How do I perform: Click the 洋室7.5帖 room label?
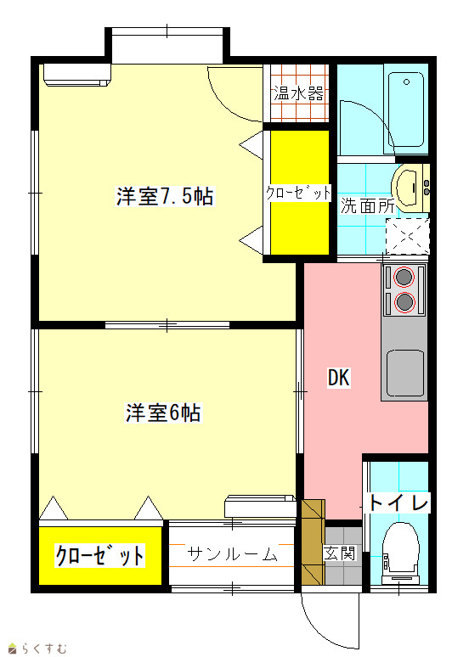(165, 196)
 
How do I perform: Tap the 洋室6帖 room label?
(163, 413)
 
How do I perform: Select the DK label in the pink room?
(338, 378)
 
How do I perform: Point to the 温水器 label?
(299, 94)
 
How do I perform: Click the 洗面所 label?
(367, 205)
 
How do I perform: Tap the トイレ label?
(398, 503)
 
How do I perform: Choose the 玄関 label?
(339, 553)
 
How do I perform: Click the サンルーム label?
(232, 554)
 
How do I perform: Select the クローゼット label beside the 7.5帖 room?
(298, 193)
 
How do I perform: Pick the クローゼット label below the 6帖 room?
(100, 556)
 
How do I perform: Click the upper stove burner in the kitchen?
(404, 277)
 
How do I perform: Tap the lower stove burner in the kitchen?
(404, 302)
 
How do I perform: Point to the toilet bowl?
(401, 545)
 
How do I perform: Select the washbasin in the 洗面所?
(408, 188)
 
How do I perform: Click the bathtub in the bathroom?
(405, 109)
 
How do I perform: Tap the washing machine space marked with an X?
(408, 236)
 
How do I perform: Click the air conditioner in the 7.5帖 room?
(77, 75)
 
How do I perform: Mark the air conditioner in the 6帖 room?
(261, 507)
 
